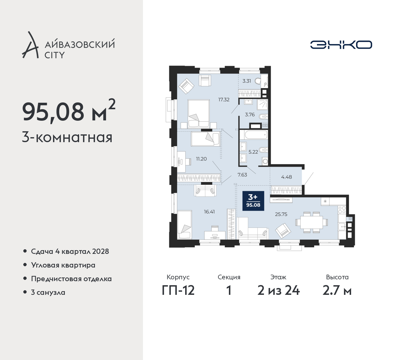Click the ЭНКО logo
click(341, 45)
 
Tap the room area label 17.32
click(224, 100)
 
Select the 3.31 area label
click(247, 81)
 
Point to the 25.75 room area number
click(281, 214)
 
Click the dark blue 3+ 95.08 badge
click(253, 201)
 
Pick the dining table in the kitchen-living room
click(311, 222)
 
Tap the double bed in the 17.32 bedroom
click(198, 114)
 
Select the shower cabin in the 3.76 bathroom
click(262, 105)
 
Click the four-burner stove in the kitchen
click(342, 210)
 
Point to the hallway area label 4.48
click(286, 177)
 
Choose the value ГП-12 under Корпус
click(178, 291)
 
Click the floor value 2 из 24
click(279, 291)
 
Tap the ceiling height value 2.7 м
click(337, 291)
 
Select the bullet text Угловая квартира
click(63, 265)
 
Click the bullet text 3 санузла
click(48, 292)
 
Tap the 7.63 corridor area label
click(242, 175)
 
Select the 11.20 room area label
click(201, 159)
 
